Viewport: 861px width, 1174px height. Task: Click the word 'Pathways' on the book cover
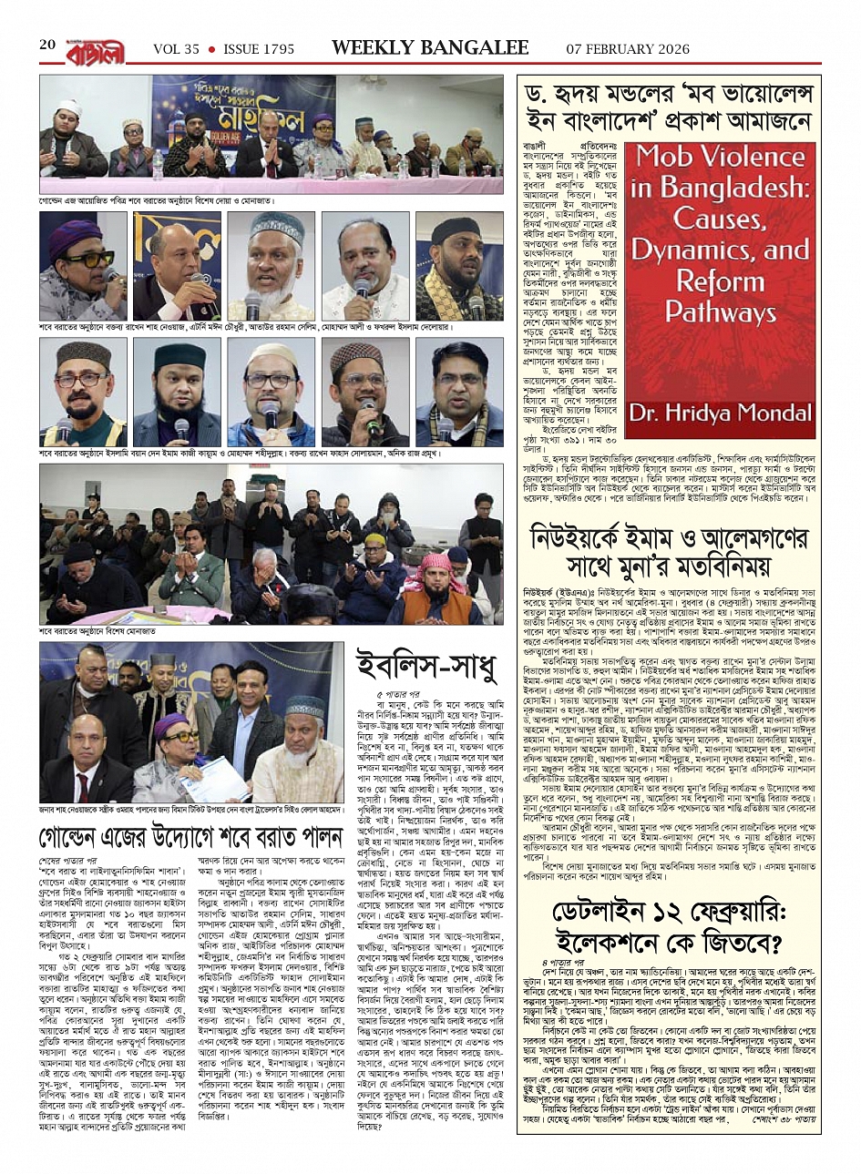pyautogui.click(x=720, y=312)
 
